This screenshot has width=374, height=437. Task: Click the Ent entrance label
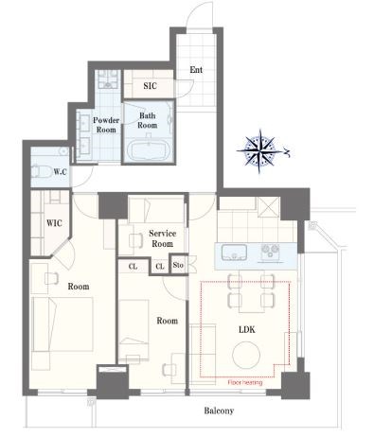pyautogui.click(x=196, y=70)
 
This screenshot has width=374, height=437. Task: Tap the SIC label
pyautogui.click(x=150, y=86)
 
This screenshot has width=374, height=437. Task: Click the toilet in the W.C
pyautogui.click(x=42, y=171)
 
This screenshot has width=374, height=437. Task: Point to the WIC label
pyautogui.click(x=54, y=223)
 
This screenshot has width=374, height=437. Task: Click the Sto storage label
pyautogui.click(x=178, y=265)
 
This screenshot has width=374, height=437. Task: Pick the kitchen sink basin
pyautogui.click(x=234, y=253)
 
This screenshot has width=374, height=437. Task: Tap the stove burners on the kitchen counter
pyautogui.click(x=270, y=253)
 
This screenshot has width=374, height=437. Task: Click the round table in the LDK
pyautogui.click(x=246, y=356)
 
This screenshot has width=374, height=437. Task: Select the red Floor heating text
pyautogui.click(x=245, y=383)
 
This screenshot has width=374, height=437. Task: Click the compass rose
pyautogui.click(x=259, y=151)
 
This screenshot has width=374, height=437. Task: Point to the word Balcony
pyautogui.click(x=219, y=411)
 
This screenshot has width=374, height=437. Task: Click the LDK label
pyautogui.click(x=247, y=330)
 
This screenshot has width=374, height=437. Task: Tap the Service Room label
pyautogui.click(x=163, y=238)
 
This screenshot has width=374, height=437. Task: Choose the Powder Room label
pyautogui.click(x=106, y=125)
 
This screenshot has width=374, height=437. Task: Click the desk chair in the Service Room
pyautogui.click(x=136, y=240)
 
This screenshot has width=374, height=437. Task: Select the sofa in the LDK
pyautogui.click(x=203, y=351)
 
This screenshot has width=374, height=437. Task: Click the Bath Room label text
pyautogui.click(x=147, y=120)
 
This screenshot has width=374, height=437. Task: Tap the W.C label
pyautogui.click(x=60, y=172)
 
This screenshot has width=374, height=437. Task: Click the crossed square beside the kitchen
pyautogui.click(x=269, y=207)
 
